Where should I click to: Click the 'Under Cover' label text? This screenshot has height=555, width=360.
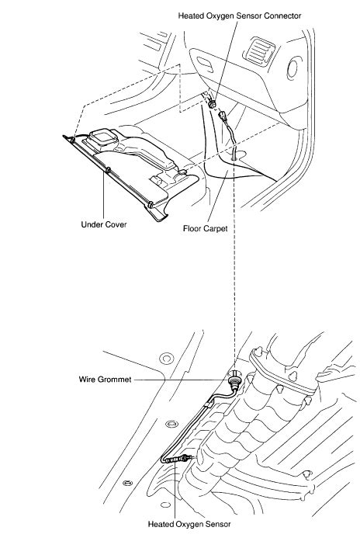[103, 225]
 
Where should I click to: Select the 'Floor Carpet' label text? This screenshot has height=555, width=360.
[205, 229]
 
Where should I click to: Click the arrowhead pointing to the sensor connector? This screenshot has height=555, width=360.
[213, 97]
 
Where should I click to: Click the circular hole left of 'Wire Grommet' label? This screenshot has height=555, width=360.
[164, 359]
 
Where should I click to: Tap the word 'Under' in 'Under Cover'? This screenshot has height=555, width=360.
[93, 225]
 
